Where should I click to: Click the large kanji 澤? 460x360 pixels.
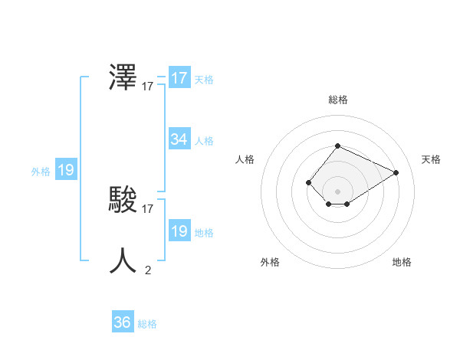123,78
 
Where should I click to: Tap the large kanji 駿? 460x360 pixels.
123,200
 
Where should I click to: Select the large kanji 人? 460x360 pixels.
123,260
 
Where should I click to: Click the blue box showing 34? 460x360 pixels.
179,139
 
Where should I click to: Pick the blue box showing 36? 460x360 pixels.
123,322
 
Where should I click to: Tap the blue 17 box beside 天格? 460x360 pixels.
179,78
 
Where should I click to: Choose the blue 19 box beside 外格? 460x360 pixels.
66,170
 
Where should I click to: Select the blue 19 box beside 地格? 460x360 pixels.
179,231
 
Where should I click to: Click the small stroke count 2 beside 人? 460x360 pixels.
148,270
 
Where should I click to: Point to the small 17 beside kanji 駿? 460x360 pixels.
148,208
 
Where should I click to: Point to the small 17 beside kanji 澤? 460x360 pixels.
148,87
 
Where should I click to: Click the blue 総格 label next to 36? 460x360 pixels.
147,324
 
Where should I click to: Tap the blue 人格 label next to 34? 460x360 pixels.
204,141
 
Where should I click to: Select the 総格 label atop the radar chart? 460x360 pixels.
338,100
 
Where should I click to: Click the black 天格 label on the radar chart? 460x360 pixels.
431,159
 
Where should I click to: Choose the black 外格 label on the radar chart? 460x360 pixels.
270,262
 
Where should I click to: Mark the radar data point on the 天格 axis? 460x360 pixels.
396,172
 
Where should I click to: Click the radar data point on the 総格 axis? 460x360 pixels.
337,146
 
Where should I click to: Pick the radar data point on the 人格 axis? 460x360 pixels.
308,182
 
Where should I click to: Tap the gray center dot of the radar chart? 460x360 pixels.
337,191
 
